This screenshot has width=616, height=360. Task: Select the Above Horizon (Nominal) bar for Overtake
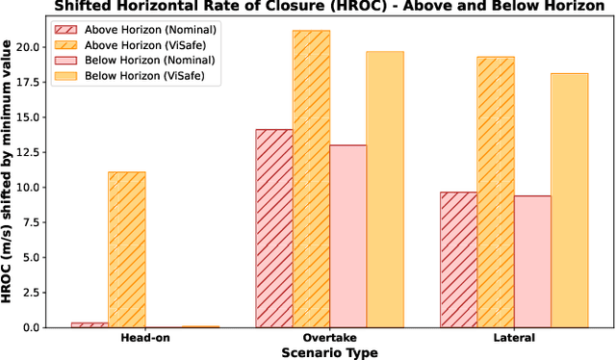point(274,228)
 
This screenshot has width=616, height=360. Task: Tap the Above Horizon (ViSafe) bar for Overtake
point(311,179)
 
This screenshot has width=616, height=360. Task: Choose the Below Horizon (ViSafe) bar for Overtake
point(385,190)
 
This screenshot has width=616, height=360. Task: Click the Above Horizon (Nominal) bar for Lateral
point(458,260)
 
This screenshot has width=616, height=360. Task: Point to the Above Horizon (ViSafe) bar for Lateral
point(496,193)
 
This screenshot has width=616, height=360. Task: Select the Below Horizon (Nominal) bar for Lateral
point(532,262)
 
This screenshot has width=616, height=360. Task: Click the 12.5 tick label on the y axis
point(49,152)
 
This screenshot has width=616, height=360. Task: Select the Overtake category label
point(329,339)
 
